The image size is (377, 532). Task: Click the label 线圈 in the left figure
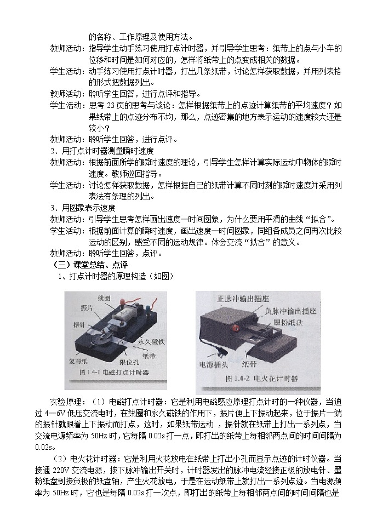pyautogui.click(x=105, y=298)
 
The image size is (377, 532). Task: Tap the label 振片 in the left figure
pyautogui.click(x=86, y=308)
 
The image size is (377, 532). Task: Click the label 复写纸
pyautogui.click(x=79, y=362)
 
